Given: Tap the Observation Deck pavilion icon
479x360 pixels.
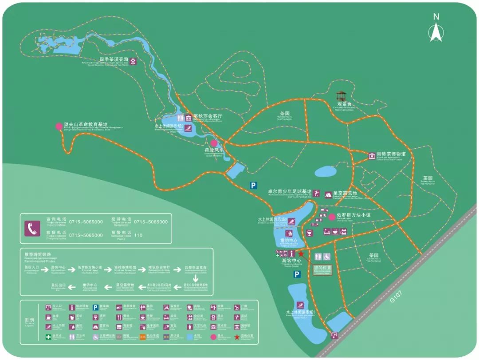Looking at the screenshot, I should (x=341, y=97).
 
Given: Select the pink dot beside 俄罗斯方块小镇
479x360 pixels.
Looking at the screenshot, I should (x=332, y=216).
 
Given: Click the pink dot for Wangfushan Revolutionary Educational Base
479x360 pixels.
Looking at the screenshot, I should (x=59, y=126).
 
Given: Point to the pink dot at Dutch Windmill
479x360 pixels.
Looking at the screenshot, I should (x=214, y=143).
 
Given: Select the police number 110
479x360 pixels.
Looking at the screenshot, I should (x=138, y=235).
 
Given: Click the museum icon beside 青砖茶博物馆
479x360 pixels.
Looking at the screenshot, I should (x=372, y=155).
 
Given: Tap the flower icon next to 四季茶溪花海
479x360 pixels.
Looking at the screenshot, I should (x=132, y=62).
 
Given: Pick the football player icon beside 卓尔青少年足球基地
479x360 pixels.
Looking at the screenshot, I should (x=317, y=193).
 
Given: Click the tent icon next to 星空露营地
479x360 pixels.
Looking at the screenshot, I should (x=328, y=194).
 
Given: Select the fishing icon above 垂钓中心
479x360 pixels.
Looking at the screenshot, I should (x=290, y=233).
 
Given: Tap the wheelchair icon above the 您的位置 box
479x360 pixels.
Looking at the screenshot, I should (x=326, y=257).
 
